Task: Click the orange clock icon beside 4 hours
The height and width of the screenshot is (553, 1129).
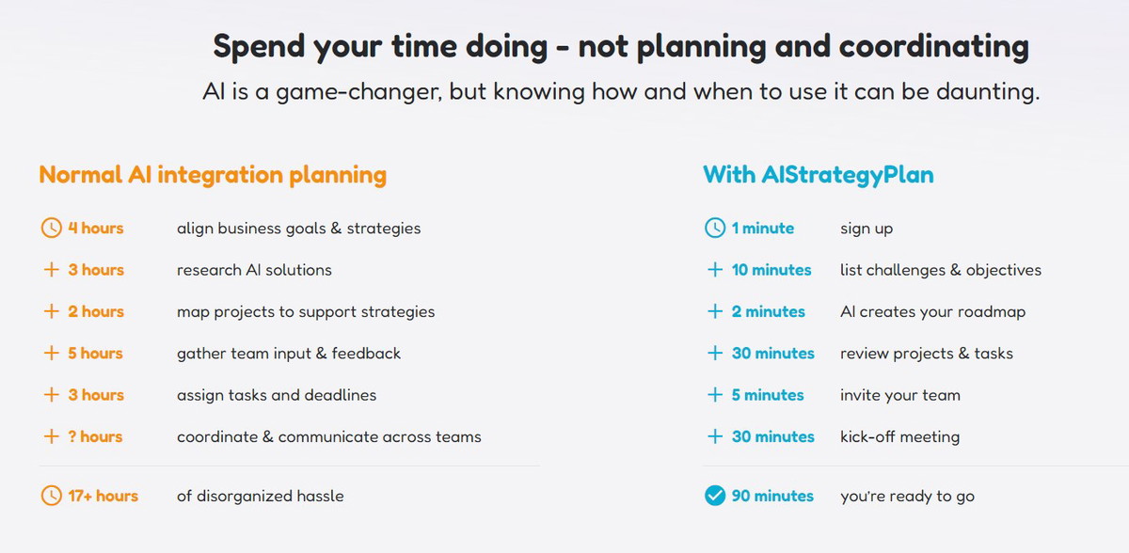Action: point(51,228)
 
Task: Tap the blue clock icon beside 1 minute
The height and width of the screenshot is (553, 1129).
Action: point(715,228)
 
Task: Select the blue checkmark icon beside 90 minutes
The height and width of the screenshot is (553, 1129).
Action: point(715,496)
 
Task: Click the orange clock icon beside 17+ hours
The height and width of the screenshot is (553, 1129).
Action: point(51,496)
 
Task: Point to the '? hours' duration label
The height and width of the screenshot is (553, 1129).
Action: point(95,436)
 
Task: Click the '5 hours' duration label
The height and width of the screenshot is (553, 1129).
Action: point(95,353)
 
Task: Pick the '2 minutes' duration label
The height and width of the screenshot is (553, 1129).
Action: point(768,311)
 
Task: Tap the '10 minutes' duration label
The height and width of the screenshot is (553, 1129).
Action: point(771,270)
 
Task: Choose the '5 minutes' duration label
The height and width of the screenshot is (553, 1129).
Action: point(768,395)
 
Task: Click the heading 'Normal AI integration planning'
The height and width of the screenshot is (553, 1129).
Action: point(213,175)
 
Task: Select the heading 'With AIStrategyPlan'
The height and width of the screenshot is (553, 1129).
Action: point(819,175)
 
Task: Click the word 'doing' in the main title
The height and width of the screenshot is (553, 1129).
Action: point(506,47)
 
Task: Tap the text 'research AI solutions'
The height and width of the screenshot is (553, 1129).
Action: point(254,270)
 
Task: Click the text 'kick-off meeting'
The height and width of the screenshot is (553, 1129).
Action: point(899,436)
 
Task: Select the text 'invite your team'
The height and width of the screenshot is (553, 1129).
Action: point(900,395)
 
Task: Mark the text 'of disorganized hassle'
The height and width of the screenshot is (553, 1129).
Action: point(260,496)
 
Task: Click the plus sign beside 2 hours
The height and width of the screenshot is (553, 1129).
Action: point(51,311)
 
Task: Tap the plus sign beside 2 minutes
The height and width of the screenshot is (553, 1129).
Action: point(715,311)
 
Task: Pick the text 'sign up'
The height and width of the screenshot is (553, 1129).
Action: point(867,229)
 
